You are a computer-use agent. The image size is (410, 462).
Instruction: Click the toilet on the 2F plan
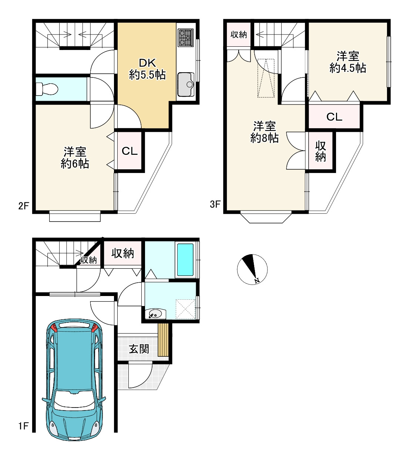click(x=47, y=89)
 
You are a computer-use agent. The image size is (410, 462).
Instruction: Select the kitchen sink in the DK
click(x=186, y=84)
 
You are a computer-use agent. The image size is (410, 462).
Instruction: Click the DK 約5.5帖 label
click(x=147, y=69)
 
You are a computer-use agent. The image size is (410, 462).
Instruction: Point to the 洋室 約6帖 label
click(x=75, y=158)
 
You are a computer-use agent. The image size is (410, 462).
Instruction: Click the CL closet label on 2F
click(x=130, y=151)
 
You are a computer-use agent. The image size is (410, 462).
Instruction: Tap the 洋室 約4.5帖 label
click(x=347, y=62)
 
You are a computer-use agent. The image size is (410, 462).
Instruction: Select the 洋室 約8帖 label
click(x=265, y=132)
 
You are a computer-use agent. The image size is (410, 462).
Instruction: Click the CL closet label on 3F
click(x=334, y=117)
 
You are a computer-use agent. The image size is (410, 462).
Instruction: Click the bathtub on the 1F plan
click(x=185, y=260)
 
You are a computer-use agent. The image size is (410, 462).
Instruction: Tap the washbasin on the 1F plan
click(x=155, y=314)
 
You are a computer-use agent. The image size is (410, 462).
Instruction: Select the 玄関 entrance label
click(x=139, y=349)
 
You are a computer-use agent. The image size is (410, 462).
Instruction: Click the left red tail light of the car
click(x=55, y=328)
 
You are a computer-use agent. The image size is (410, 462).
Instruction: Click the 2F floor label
click(x=24, y=206)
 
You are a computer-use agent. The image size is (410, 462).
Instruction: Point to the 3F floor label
click(x=215, y=204)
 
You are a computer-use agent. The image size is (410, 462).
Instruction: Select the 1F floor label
click(x=23, y=426)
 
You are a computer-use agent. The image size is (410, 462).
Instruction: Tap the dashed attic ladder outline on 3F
click(x=266, y=78)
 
